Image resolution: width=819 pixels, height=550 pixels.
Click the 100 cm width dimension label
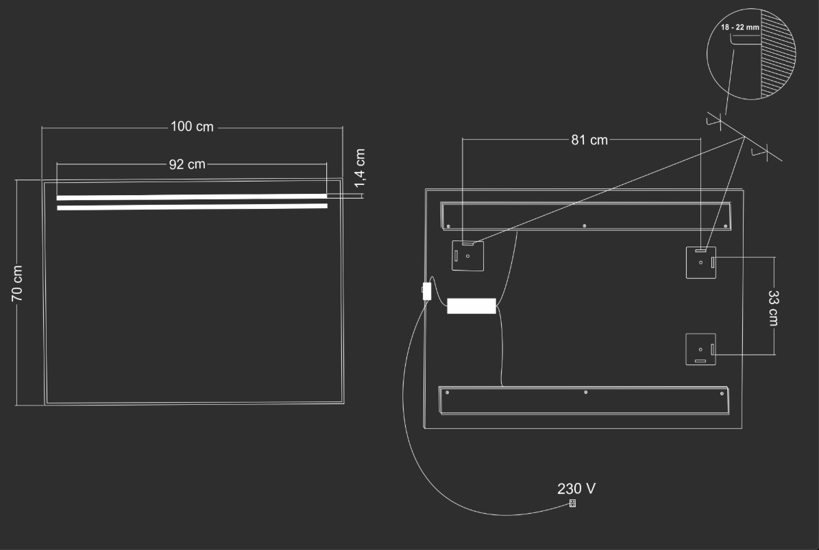point(192,127)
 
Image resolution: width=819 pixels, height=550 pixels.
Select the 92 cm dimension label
point(187,164)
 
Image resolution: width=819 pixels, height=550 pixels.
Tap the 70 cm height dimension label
point(17,284)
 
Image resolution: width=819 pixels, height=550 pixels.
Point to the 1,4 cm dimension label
point(360,168)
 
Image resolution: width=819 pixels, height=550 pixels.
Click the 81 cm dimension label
point(589,140)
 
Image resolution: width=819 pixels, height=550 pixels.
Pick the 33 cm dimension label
point(774,308)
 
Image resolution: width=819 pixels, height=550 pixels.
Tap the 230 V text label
point(576,488)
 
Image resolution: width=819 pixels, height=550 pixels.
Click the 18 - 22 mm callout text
point(740,27)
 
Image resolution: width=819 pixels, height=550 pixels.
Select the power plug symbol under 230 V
point(572,503)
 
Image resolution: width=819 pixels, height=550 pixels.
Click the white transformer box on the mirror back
point(472,305)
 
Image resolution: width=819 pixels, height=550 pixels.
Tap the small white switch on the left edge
point(427,291)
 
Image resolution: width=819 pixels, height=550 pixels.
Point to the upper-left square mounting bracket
point(467,255)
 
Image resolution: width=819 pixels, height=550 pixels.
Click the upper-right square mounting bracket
point(701,262)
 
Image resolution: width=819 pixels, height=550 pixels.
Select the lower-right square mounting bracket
point(700,349)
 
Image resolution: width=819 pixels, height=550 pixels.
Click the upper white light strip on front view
point(192,197)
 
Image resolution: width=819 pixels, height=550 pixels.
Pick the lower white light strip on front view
point(192,207)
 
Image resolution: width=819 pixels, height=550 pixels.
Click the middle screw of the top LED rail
point(584,226)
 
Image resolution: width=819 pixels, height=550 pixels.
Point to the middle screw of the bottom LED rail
point(585,392)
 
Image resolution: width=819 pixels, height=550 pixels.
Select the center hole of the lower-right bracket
point(700,349)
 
